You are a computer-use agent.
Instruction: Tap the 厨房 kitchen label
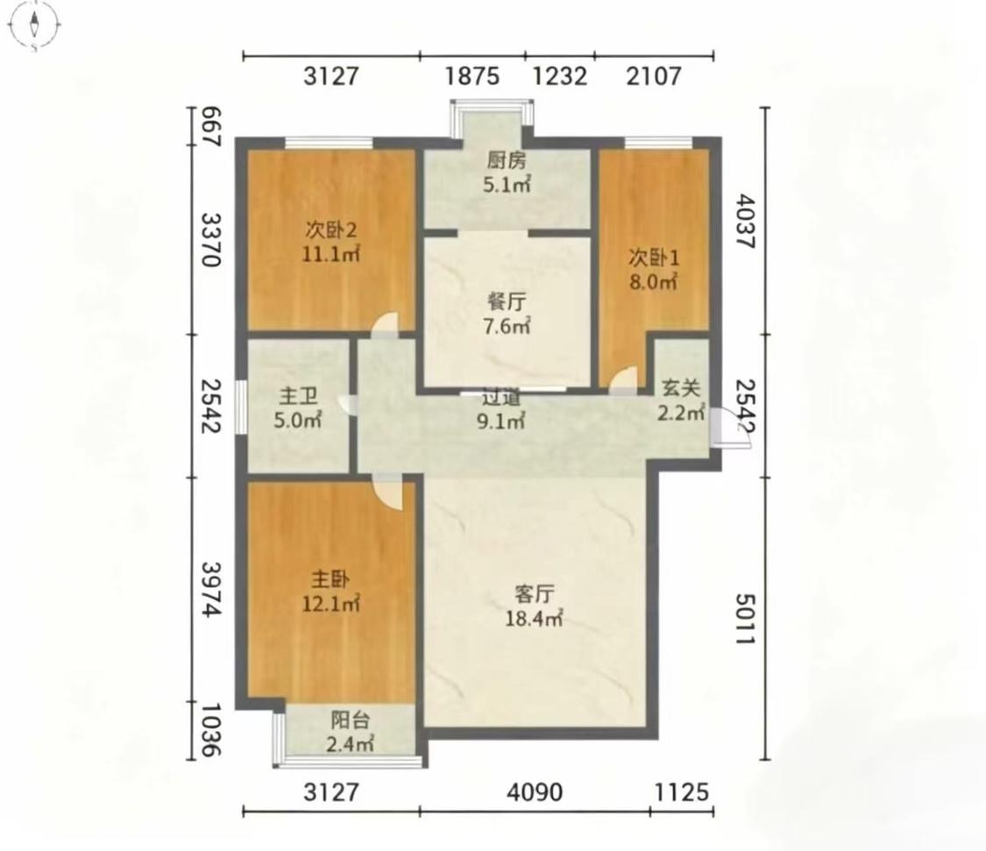coord(507,161)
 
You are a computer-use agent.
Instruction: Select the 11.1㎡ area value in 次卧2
coord(330,255)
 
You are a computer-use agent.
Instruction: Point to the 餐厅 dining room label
coord(507,301)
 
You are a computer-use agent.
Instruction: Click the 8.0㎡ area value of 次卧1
coord(653,282)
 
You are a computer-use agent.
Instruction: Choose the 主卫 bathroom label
coord(298,396)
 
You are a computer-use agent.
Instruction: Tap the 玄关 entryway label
coord(680,388)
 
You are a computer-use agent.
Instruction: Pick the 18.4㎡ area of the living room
coord(534,619)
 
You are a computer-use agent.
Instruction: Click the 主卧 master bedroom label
coord(330,579)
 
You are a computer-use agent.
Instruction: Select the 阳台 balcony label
coord(351,720)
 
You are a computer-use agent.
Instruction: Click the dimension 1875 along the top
coord(472,76)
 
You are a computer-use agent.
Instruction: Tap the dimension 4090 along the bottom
coord(535,792)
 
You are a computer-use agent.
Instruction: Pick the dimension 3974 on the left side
coord(213,589)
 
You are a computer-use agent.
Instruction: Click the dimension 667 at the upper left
coord(213,127)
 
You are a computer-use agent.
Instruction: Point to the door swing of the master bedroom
coord(387,492)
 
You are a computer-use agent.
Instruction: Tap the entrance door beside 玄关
coord(729,428)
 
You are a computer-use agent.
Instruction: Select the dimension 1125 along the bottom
coord(682,792)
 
